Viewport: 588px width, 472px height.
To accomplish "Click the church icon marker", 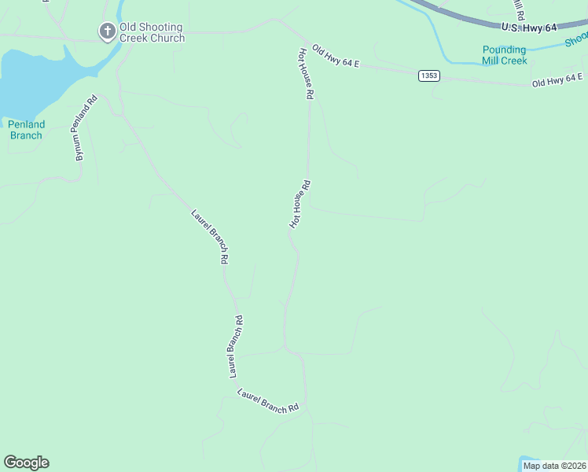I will point(107,31).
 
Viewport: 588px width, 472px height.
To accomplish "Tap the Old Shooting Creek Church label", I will point(152,32).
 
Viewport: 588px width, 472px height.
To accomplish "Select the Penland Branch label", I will point(27,130).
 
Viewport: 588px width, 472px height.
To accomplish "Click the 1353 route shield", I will point(428,76).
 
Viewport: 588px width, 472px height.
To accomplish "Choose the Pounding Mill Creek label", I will point(504,55).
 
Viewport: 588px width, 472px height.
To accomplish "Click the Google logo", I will point(26,463).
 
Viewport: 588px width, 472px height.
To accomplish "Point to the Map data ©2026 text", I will point(554,466).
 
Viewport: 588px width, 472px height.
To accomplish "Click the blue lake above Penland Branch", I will point(31,79).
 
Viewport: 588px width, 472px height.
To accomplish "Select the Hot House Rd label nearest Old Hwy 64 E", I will point(306,73).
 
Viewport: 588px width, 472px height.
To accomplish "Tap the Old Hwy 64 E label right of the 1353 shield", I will point(557,79).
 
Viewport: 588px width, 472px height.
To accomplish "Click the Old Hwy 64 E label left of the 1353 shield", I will point(335,57).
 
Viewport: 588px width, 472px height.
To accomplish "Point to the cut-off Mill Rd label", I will point(517,9).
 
